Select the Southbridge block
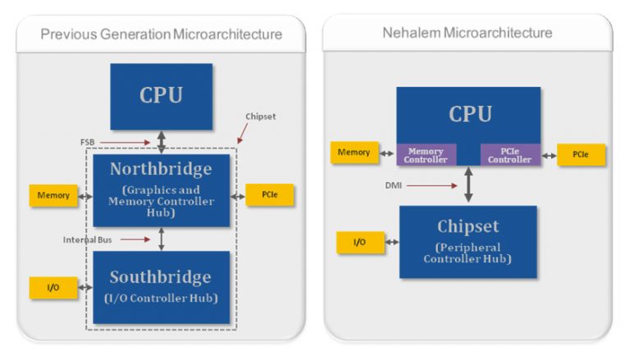pos(161,286)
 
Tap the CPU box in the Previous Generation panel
pos(161,95)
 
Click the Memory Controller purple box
pos(426,155)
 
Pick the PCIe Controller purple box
pos(509,155)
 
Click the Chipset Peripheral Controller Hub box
pos(468,241)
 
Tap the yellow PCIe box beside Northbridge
pos(269,195)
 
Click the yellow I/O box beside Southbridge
pos(53,288)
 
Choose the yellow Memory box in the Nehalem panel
pos(354,152)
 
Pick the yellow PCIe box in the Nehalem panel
pos(581,154)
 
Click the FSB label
pos(88,141)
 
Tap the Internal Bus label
pos(88,239)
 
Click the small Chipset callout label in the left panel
pos(261,116)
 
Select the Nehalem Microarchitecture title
pos(467,33)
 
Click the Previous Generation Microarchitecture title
pos(161,34)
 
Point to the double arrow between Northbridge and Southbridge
pos(162,239)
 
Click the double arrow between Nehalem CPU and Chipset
pos(468,185)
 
